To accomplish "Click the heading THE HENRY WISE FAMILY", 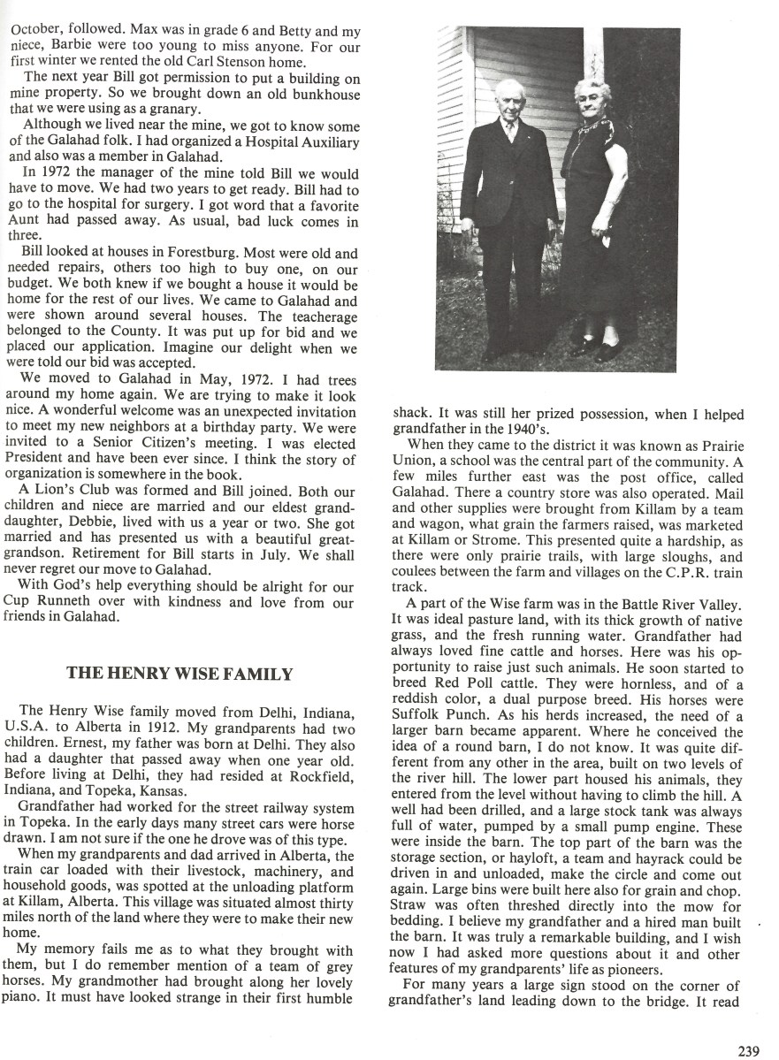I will (x=179, y=674).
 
